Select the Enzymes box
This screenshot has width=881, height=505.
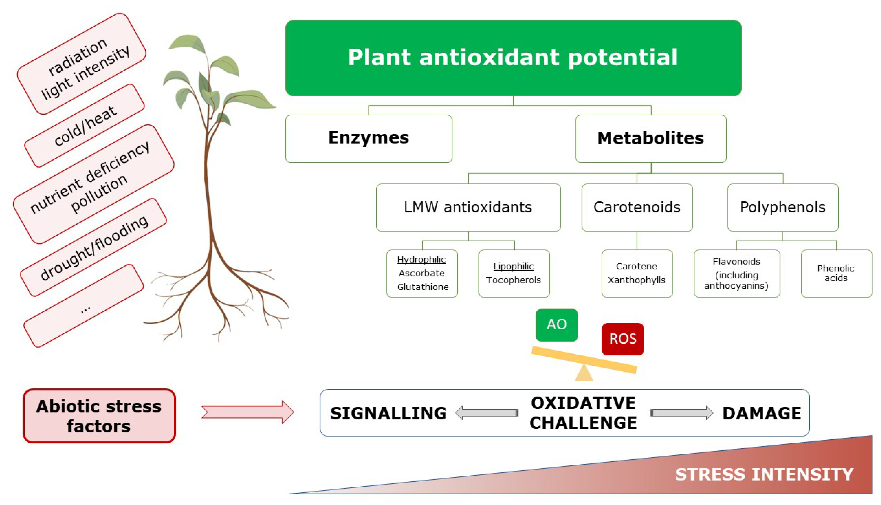click(x=368, y=138)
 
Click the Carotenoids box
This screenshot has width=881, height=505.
click(x=637, y=207)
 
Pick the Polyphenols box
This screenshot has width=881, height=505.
click(x=782, y=207)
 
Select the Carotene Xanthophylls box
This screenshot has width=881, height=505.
click(x=637, y=273)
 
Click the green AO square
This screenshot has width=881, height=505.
click(x=556, y=325)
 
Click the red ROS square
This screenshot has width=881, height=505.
click(x=623, y=339)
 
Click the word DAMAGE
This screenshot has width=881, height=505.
click(x=762, y=413)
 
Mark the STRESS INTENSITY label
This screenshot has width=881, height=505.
click(x=764, y=474)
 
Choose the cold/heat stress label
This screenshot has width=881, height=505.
click(x=85, y=126)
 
